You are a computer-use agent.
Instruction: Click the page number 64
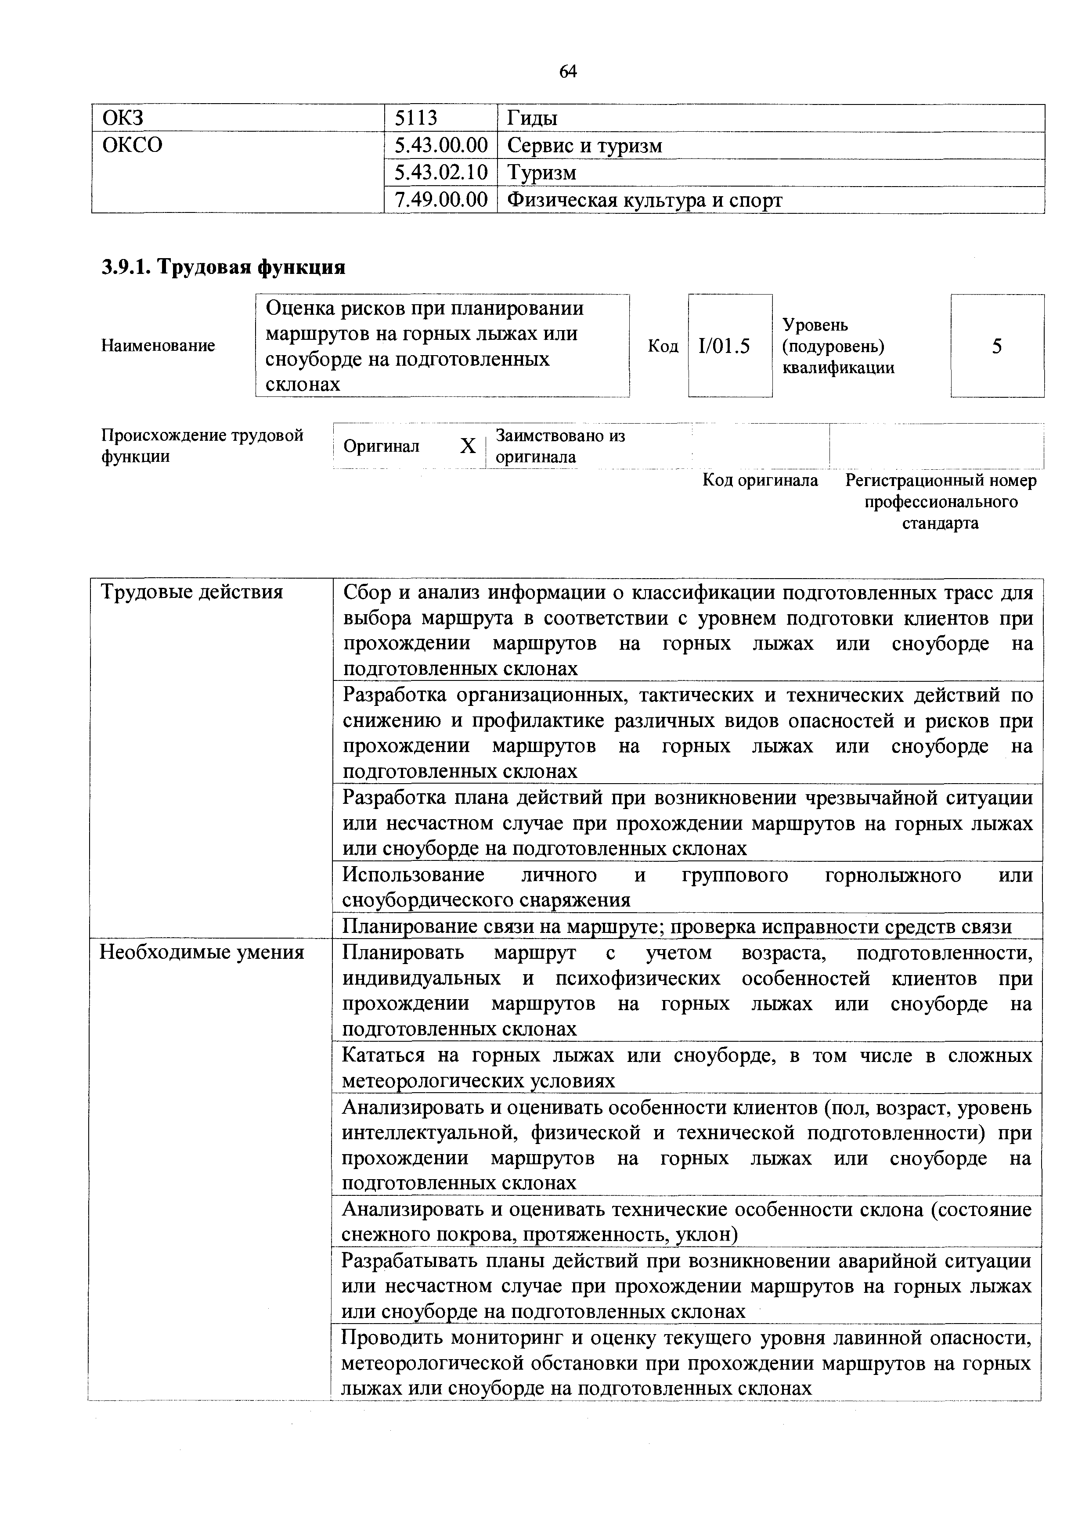[568, 71]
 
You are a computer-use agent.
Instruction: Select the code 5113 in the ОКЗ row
[415, 119]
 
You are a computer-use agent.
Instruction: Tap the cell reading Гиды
[532, 119]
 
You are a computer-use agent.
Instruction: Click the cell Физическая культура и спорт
[644, 200]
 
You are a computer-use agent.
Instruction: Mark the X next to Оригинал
[468, 446]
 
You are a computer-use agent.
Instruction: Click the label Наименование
[159, 345]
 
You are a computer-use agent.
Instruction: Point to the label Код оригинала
[760, 480]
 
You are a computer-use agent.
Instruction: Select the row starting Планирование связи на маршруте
[676, 926]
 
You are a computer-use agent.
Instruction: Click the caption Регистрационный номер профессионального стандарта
[941, 502]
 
